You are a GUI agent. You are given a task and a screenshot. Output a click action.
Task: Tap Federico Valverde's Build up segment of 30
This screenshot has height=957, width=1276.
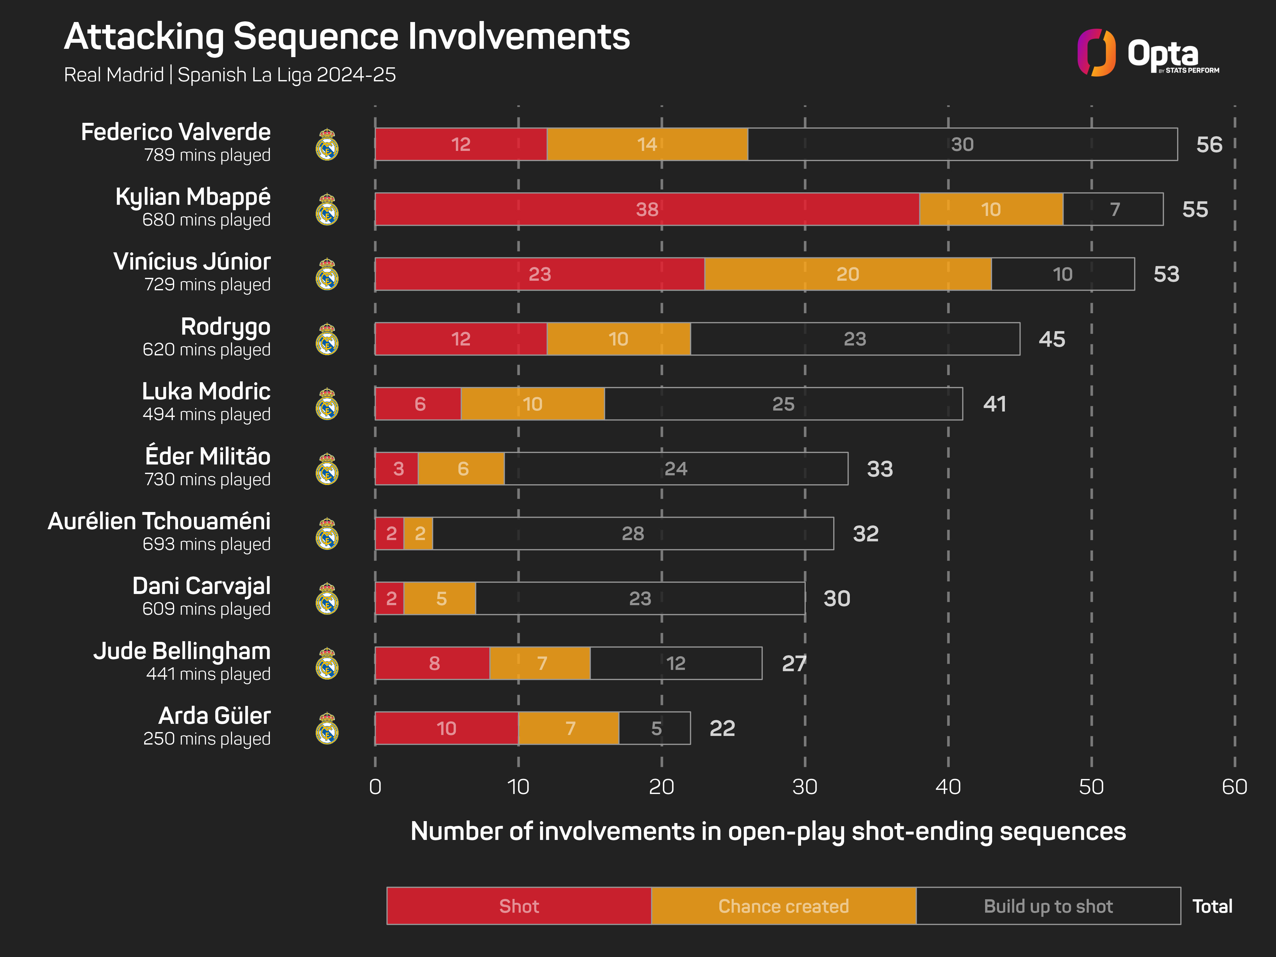click(x=962, y=144)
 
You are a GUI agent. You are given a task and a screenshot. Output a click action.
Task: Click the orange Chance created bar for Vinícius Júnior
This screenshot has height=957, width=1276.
click(x=847, y=274)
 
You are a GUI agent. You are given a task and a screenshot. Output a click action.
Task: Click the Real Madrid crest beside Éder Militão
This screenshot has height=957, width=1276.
click(x=327, y=469)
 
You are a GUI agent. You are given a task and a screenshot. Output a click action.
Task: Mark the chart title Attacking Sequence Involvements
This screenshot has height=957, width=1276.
click(x=347, y=37)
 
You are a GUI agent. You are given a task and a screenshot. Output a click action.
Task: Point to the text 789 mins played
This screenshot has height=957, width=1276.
click(x=207, y=155)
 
